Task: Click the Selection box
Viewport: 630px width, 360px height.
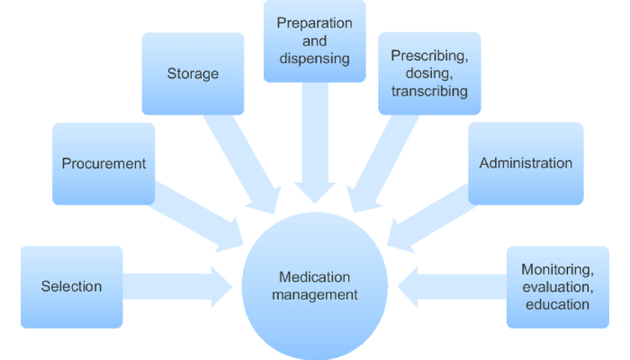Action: (71, 287)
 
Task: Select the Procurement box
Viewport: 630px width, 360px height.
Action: (103, 164)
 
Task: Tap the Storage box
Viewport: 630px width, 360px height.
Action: (193, 74)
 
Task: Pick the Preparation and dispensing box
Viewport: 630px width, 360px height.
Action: (314, 41)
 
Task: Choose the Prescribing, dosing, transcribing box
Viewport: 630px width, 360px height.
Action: (429, 74)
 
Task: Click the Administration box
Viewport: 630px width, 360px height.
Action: (526, 164)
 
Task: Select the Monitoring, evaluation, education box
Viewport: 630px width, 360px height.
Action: (557, 287)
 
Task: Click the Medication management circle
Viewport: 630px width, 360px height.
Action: (315, 286)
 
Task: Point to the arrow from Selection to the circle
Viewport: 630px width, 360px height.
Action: (175, 286)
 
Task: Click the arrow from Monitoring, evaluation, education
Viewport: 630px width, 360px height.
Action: (454, 286)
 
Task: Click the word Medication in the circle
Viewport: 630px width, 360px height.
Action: (315, 277)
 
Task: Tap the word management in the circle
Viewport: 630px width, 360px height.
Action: (315, 294)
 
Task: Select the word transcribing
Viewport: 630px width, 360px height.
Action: (429, 91)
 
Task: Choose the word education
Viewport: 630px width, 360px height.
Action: (557, 304)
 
